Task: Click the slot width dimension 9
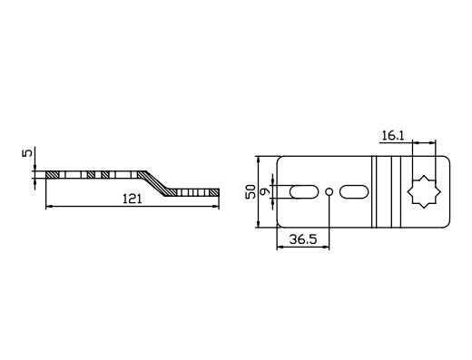click(x=264, y=191)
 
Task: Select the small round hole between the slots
click(x=328, y=191)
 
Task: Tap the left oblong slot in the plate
click(x=300, y=191)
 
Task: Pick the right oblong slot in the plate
click(x=355, y=191)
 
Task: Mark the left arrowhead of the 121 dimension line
click(x=47, y=208)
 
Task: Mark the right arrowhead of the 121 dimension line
click(x=217, y=208)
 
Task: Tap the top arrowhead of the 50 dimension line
click(x=258, y=158)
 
